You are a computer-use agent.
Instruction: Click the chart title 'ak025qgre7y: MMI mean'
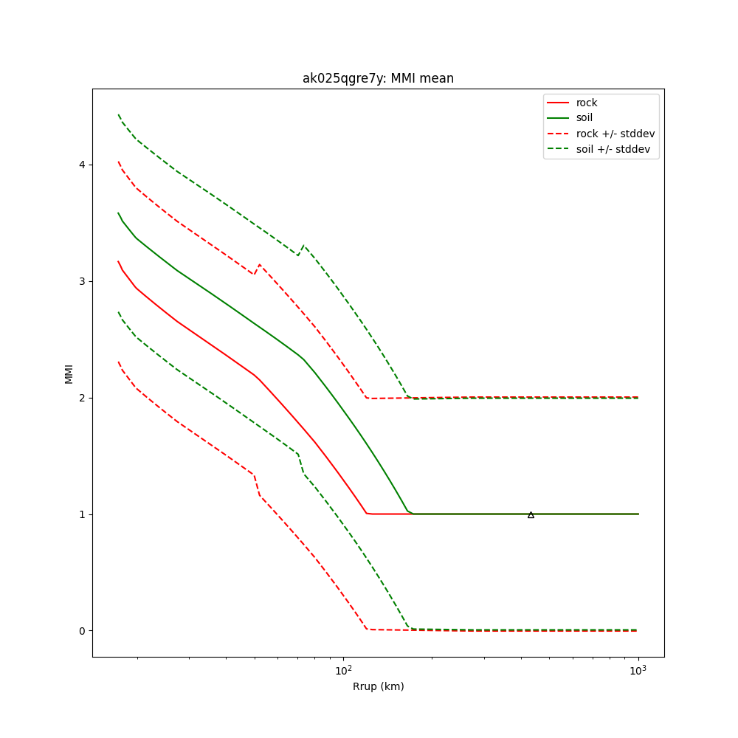coord(378,78)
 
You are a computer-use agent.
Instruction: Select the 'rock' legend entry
coord(587,103)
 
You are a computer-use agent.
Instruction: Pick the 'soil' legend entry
coord(584,118)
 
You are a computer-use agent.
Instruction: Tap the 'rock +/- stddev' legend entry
coord(615,134)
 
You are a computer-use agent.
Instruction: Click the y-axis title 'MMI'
coord(69,373)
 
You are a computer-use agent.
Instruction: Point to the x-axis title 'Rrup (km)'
coord(378,686)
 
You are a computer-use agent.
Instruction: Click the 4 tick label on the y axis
coord(80,165)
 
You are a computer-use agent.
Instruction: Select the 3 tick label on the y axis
coord(80,281)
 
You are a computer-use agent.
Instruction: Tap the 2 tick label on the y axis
coord(80,398)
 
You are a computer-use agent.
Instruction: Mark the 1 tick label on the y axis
coord(80,514)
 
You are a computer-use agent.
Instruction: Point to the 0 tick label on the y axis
coord(80,631)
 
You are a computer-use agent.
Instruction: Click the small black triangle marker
coord(531,514)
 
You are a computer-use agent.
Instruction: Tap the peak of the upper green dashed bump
coord(303,246)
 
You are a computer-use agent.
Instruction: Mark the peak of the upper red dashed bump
coord(259,264)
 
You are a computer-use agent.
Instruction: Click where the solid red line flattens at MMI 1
coord(368,513)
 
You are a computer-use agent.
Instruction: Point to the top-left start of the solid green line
coord(118,213)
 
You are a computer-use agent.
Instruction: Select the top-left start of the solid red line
coord(118,261)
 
